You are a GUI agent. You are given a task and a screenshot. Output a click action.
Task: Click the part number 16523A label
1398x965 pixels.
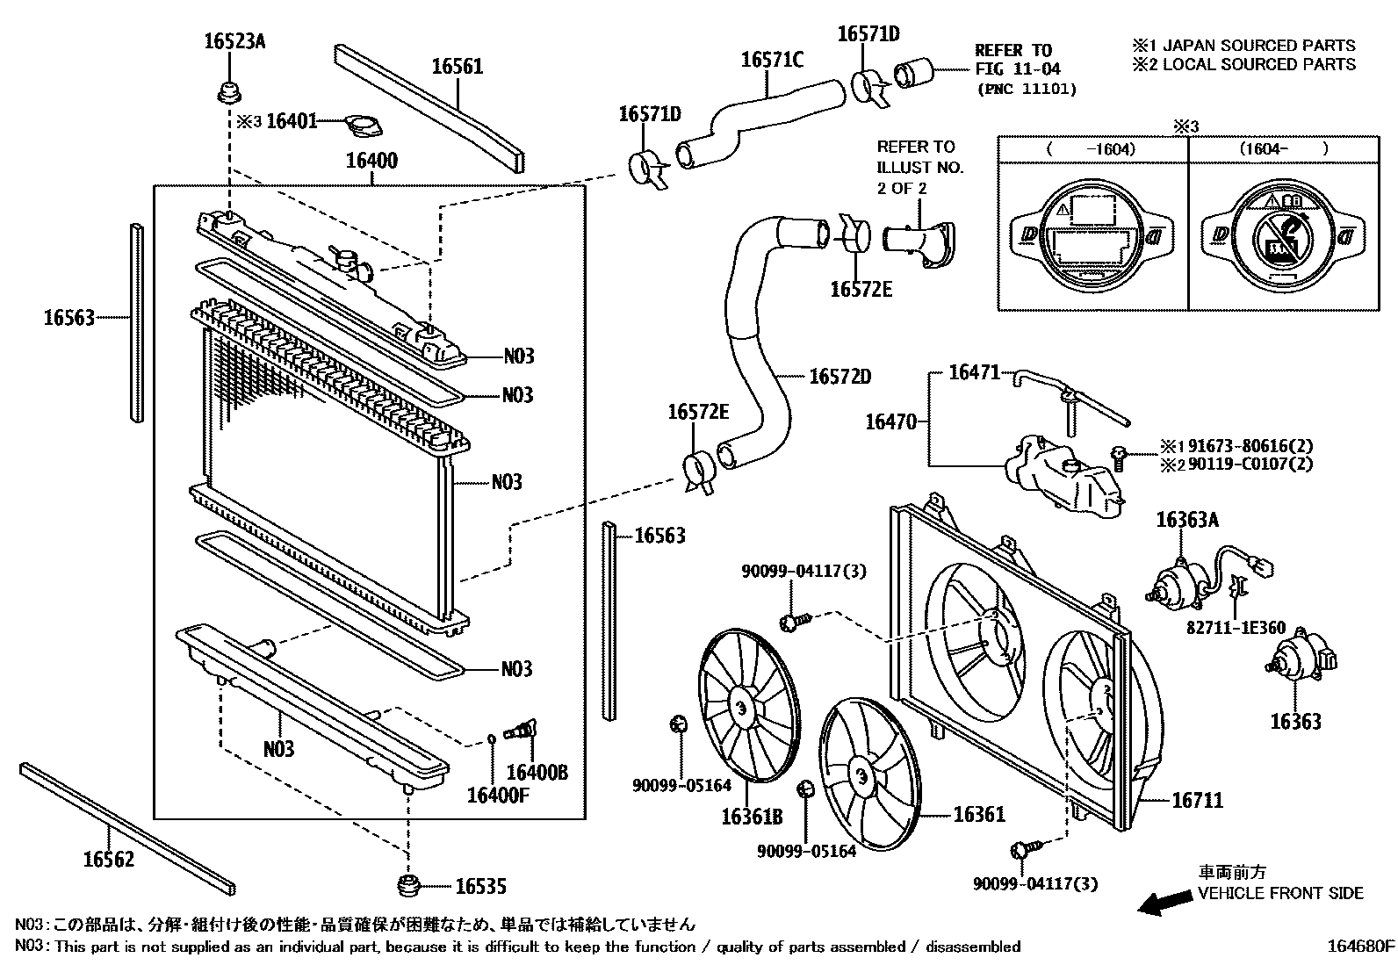pyautogui.click(x=234, y=40)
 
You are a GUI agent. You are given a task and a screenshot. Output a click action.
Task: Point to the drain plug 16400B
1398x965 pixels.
pyautogui.click(x=523, y=731)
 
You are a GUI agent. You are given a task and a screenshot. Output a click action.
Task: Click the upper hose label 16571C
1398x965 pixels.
pyautogui.click(x=772, y=60)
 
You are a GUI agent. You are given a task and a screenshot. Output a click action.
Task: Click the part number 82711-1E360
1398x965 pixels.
pyautogui.click(x=1236, y=628)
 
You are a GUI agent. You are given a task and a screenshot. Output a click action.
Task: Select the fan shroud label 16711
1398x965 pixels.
pyautogui.click(x=1197, y=800)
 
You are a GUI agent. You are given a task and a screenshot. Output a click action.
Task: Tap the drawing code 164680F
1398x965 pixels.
pyautogui.click(x=1360, y=947)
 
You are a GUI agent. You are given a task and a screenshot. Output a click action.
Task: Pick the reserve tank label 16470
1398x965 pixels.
pyautogui.click(x=890, y=422)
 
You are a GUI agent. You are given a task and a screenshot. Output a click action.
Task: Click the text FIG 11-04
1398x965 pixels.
pyautogui.click(x=1017, y=68)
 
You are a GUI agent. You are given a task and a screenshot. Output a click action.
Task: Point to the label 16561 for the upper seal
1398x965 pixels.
pyautogui.click(x=457, y=67)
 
